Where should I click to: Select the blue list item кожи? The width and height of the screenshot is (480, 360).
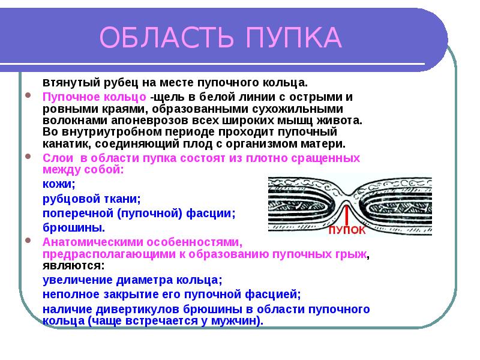click(x=58, y=184)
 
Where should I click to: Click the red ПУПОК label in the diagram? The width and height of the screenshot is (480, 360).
click(x=346, y=230)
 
